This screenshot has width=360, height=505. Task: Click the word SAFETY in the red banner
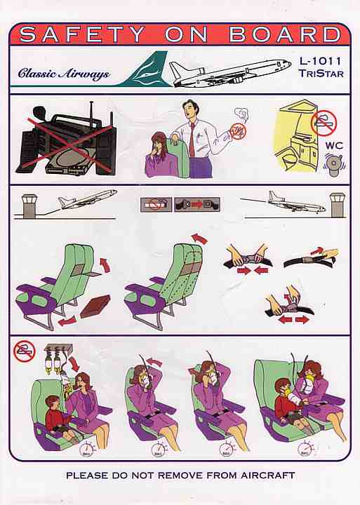pos(82,34)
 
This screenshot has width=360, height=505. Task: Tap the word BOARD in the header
pos(285,34)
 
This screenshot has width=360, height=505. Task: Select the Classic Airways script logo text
pos(64,74)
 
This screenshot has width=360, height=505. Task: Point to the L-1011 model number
pos(320,60)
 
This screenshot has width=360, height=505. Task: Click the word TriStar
pos(321,74)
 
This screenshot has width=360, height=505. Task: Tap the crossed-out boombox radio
pos(67,140)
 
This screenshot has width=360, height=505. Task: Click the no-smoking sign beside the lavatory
pos(324,123)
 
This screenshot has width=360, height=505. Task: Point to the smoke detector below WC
pos(334,165)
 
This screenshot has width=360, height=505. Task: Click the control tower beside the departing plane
pos(29,206)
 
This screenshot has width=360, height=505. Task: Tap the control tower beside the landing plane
pos(338,205)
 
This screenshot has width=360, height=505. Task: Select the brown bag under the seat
pos(95,307)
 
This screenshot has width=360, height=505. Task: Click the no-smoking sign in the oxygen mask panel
pos(24,351)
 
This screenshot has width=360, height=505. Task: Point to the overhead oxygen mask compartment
pos(58,347)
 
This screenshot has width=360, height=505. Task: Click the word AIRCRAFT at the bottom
pos(268,475)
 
